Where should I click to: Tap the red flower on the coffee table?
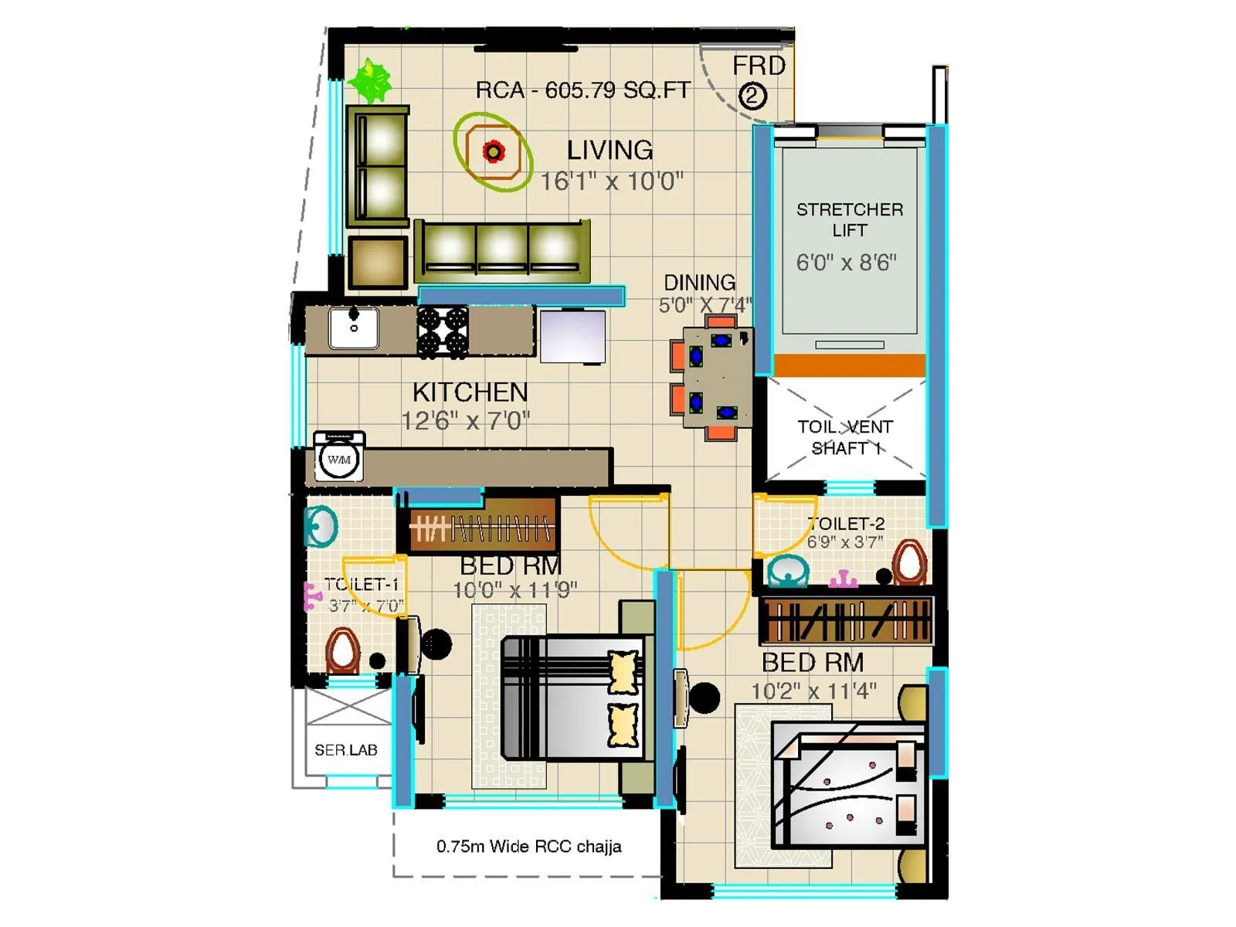point(493,151)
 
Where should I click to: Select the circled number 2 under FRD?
point(752,97)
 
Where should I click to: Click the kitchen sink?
point(354,328)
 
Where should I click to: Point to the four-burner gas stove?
point(443,331)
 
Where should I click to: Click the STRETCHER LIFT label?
point(849,219)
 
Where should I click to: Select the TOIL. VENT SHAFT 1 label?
point(844,437)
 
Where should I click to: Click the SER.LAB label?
point(345,750)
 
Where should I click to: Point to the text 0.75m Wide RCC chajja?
point(528,847)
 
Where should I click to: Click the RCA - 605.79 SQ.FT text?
point(582,90)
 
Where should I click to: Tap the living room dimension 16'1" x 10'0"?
point(611,182)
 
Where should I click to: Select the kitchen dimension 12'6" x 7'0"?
point(465,421)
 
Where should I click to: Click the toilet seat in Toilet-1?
point(342,650)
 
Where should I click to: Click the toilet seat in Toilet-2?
point(910,562)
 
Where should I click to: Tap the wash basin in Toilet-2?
point(788,572)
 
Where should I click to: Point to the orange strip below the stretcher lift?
point(849,365)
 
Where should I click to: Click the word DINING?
point(699,283)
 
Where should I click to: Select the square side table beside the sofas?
point(378,263)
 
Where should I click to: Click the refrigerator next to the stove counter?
point(572,336)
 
